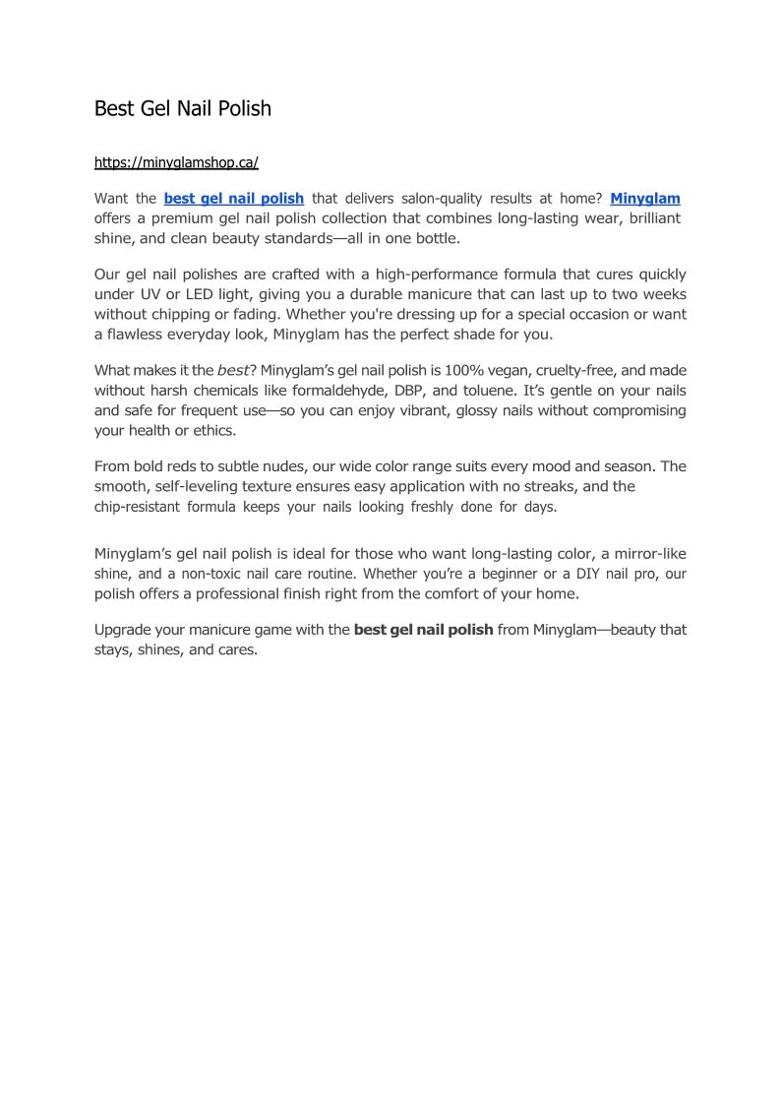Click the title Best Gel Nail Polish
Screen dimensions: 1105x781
coord(182,108)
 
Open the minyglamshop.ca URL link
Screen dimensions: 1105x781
coord(176,162)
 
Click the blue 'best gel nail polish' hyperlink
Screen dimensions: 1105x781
coord(233,199)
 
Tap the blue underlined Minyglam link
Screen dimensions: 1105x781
coord(645,199)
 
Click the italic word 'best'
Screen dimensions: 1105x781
coord(233,371)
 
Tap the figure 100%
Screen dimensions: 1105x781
coord(470,371)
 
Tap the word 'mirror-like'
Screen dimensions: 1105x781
coord(644,554)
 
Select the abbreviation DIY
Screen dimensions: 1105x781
coord(588,573)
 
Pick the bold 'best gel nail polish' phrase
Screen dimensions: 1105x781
coord(423,630)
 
